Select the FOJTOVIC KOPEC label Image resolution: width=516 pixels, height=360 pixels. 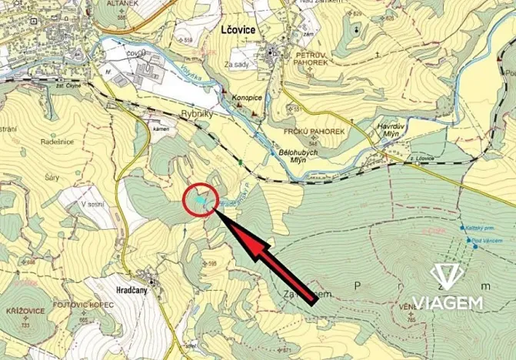coord(83,305)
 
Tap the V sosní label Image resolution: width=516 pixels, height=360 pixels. coord(92,205)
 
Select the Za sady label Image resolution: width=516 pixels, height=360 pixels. coord(238,65)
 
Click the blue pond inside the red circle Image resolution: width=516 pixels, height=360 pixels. coord(199,200)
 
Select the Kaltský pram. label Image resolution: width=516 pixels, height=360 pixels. coord(482,228)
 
